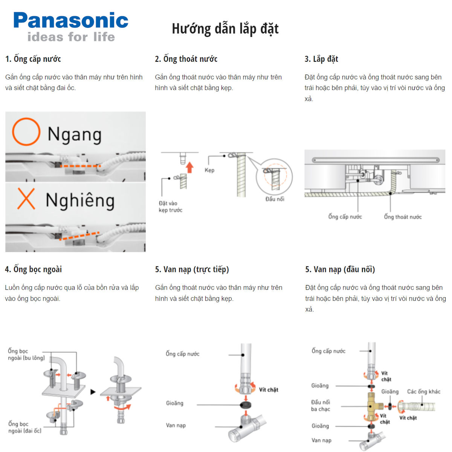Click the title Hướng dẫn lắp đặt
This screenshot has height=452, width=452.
click(x=225, y=29)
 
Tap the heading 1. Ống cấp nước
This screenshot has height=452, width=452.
click(x=33, y=59)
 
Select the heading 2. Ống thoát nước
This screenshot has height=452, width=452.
click(x=186, y=59)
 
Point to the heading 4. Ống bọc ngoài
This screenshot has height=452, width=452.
click(x=33, y=269)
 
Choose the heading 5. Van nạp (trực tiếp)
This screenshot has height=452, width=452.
click(x=192, y=269)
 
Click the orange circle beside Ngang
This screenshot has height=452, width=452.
click(x=26, y=132)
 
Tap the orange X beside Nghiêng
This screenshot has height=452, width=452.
click(x=26, y=199)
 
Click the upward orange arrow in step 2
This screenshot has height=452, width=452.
click(x=189, y=167)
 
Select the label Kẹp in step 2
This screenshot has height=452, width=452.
click(x=209, y=170)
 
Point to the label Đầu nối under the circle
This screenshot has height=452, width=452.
click(x=275, y=199)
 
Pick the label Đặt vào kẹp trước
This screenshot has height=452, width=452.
click(x=170, y=207)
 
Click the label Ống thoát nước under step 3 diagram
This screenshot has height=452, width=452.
click(x=403, y=217)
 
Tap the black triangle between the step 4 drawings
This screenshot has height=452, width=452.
click(x=93, y=392)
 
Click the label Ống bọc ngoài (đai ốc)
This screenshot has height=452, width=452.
click(x=25, y=427)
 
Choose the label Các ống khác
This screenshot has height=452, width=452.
click(x=423, y=392)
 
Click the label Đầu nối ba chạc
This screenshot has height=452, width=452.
click(x=321, y=406)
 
